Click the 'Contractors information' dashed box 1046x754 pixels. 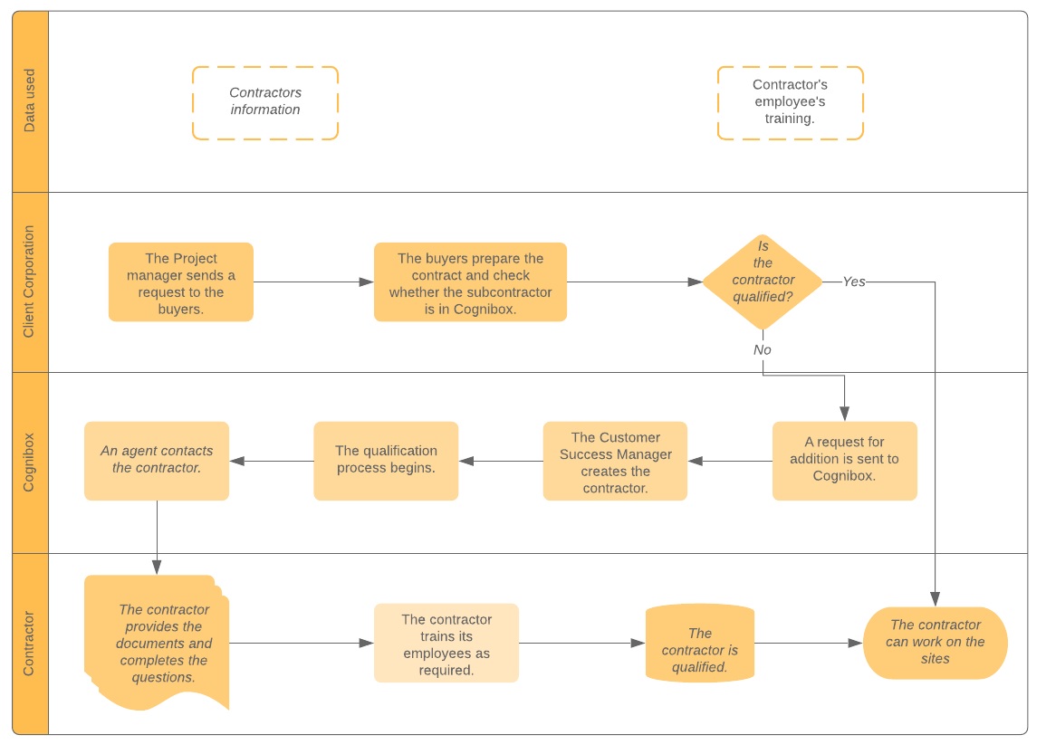(x=265, y=102)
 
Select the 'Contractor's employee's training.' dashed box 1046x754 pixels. (x=790, y=102)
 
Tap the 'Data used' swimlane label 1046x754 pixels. (x=30, y=101)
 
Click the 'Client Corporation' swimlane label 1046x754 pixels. (x=30, y=282)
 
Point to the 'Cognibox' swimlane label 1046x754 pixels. (x=30, y=462)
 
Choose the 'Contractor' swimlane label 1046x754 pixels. (x=30, y=644)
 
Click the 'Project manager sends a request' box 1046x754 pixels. (x=181, y=282)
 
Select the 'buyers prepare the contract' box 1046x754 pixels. (x=470, y=282)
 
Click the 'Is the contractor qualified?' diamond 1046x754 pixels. (x=763, y=282)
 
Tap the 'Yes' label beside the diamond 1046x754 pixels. (x=853, y=282)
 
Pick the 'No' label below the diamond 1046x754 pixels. (x=763, y=349)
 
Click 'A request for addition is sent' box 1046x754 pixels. (x=844, y=460)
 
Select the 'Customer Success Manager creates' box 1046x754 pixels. (x=615, y=462)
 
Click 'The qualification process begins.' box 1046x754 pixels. (x=386, y=460)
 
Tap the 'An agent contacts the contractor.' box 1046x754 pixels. (x=157, y=460)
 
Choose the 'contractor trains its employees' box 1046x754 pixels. (x=446, y=644)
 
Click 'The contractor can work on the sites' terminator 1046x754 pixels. (x=935, y=642)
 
